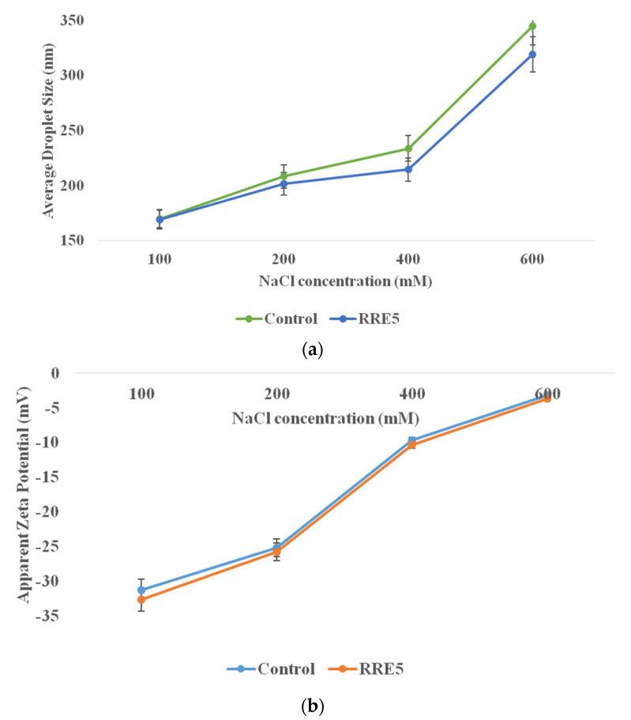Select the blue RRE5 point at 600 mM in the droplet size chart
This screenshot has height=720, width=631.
tap(532, 55)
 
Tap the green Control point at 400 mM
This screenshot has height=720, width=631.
tap(408, 149)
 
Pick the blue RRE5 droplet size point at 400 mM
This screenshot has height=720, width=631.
tap(408, 169)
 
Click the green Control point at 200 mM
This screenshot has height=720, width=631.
tap(284, 176)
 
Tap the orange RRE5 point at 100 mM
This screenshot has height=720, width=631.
tap(141, 599)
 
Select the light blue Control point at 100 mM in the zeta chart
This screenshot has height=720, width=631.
tap(141, 590)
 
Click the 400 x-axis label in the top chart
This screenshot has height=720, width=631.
tap(408, 260)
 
